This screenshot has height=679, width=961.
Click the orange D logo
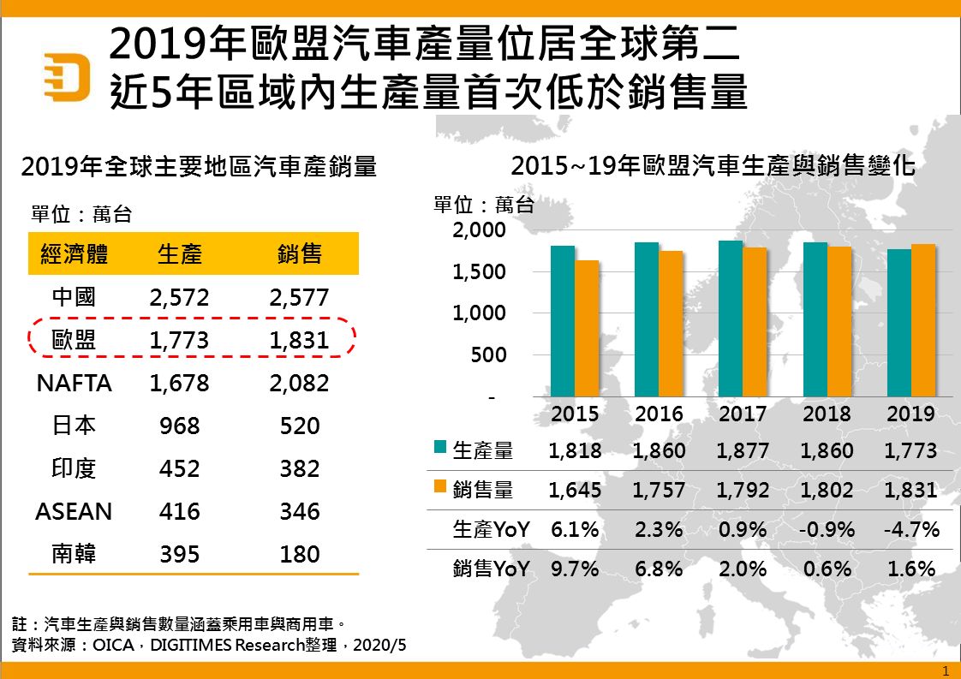(67, 76)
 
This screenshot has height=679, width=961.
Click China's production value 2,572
(179, 297)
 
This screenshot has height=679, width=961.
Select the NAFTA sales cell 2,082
(299, 383)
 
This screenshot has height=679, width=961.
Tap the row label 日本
(74, 426)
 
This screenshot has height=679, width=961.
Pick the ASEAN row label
(74, 511)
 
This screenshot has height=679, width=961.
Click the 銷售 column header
(300, 254)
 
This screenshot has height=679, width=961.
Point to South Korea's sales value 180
(299, 554)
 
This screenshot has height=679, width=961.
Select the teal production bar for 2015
(563, 321)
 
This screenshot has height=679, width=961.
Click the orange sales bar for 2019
(923, 320)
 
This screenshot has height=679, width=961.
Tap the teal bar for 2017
(731, 319)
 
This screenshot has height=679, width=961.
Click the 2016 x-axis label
(660, 414)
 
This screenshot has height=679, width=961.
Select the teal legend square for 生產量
(440, 447)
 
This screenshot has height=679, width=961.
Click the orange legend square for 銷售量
(440, 486)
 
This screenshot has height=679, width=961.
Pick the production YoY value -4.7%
(911, 529)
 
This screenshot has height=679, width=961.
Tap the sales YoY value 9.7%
(575, 569)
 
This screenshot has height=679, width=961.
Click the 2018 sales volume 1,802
(827, 491)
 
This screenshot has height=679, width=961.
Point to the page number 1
(946, 670)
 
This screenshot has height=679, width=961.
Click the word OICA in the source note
(111, 645)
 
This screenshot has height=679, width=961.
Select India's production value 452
(179, 468)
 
